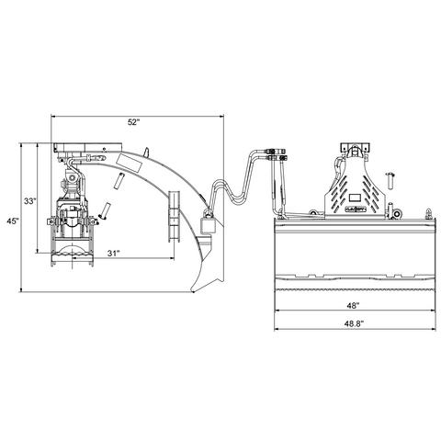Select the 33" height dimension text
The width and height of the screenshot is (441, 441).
[30, 201]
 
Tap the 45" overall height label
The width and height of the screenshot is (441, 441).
[12, 220]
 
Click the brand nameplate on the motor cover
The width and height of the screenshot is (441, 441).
[355, 209]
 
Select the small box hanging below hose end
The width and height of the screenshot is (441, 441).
[207, 225]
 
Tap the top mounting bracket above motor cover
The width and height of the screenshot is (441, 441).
[354, 149]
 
